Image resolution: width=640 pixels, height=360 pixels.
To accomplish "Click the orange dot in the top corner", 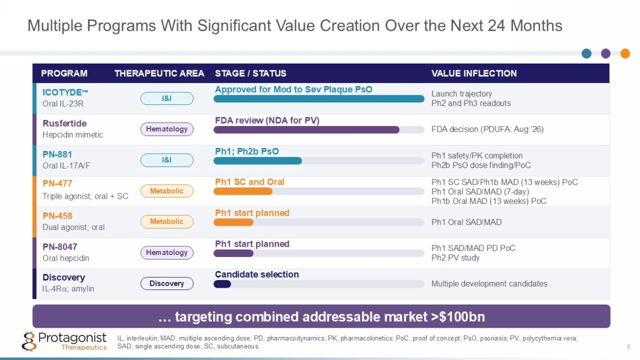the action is pos(625,53).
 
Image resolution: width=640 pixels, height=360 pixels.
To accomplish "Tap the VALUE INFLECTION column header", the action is pos(474,73).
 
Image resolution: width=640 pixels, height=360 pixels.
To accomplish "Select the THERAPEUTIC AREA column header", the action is pos(159,73).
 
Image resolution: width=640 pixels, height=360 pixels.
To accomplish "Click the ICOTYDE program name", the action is pos(65,92).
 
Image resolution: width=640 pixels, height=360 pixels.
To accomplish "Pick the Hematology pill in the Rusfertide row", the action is pos(167,129).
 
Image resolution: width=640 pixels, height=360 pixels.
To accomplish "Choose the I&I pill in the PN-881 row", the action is pos(167,160).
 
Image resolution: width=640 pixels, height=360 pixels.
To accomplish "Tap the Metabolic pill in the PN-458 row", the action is pos(167,222).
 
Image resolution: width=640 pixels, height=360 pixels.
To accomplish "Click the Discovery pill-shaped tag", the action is pos(167,283).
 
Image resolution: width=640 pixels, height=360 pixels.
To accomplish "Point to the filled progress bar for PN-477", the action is pos(243,192).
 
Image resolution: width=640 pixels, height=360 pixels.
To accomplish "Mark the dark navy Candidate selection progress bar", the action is pos(222,284).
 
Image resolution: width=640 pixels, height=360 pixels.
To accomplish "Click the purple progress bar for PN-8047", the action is pos(233,253).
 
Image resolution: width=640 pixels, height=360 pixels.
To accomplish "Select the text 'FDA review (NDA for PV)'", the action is pos(267,120).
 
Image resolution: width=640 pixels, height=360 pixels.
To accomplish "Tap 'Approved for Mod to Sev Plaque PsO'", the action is pos(294,90).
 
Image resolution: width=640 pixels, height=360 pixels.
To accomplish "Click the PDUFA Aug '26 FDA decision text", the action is pos(487,129).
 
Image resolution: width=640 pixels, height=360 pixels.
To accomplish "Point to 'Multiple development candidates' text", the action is pos(489,284).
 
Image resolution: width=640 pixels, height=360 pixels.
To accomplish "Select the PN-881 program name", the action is pos(57,154).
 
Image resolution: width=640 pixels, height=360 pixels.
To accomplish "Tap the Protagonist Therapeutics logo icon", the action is pos(29,341).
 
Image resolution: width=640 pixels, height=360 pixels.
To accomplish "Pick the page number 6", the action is pos(629,347).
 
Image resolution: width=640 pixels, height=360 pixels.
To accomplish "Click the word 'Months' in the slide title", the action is pos(536,26).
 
